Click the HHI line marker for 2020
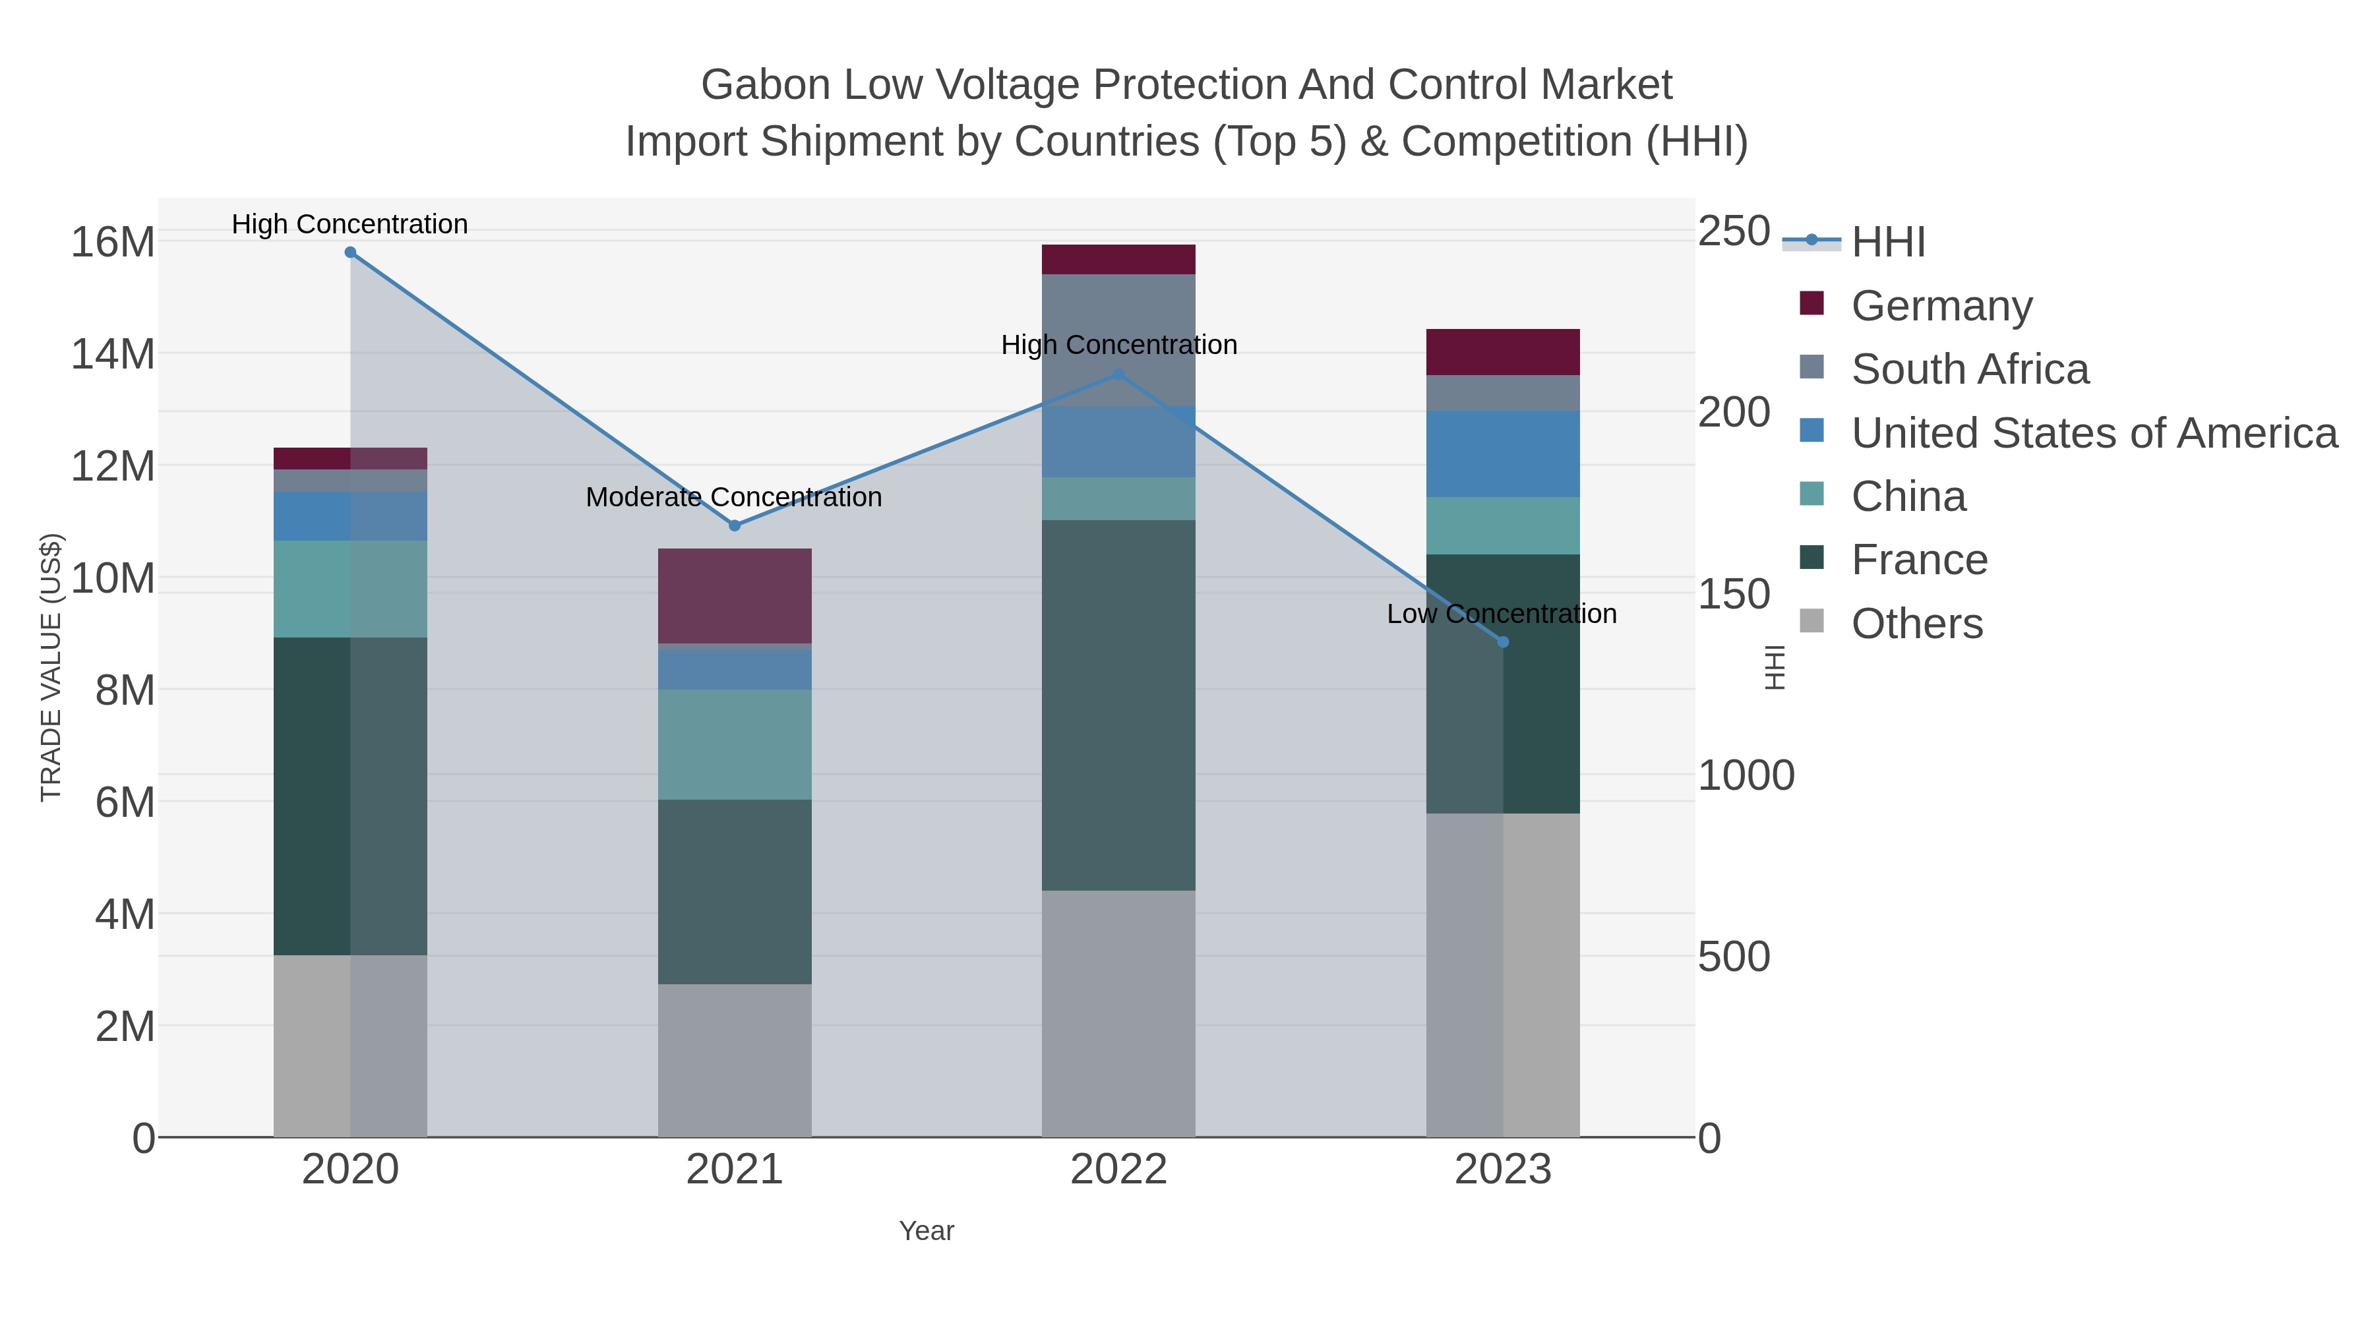point(350,252)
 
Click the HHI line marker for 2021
point(735,526)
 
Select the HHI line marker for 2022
point(1119,374)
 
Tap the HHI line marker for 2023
point(1503,642)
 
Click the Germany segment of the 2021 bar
point(735,596)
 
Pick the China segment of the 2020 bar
point(350,589)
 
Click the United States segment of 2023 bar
point(1502,454)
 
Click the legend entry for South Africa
point(1969,369)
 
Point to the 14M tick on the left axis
point(112,354)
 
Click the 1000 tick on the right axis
point(1746,776)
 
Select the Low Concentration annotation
point(1502,614)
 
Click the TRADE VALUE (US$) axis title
point(51,667)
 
